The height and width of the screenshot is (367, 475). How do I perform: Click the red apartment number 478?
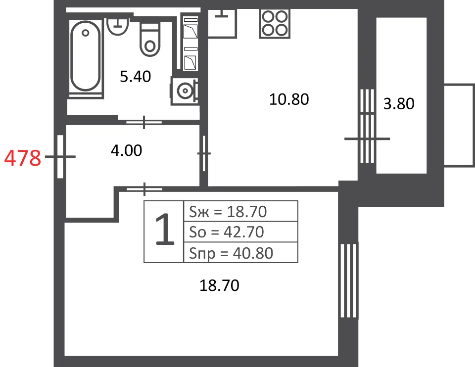[x=23, y=158]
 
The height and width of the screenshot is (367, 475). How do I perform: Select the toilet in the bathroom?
[x=149, y=40]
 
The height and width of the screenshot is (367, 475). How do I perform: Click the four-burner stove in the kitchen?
[x=275, y=24]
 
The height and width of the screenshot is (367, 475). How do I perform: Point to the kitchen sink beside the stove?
[x=222, y=23]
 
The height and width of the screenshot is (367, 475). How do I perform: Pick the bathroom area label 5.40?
[x=136, y=77]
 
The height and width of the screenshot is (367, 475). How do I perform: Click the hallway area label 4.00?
[x=126, y=150]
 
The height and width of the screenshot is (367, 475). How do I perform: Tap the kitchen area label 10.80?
[x=289, y=99]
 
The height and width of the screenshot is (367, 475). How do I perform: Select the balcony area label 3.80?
[x=399, y=103]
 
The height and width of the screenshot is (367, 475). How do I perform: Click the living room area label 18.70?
[x=219, y=285]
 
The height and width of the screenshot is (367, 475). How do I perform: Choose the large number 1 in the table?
[x=164, y=229]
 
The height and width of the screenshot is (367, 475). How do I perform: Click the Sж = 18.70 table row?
[x=241, y=211]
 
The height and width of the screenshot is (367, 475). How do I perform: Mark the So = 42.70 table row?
[x=241, y=232]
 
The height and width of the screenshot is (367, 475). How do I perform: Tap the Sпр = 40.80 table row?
[x=241, y=253]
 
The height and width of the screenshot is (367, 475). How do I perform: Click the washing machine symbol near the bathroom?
[x=185, y=91]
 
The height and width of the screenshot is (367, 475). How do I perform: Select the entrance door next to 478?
[x=60, y=157]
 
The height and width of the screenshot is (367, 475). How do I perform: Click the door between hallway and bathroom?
[x=144, y=122]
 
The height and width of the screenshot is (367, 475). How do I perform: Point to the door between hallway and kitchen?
[x=204, y=153]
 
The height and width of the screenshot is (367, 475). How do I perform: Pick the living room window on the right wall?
[x=349, y=281]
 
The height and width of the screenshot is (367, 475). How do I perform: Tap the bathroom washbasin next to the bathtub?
[x=118, y=27]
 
